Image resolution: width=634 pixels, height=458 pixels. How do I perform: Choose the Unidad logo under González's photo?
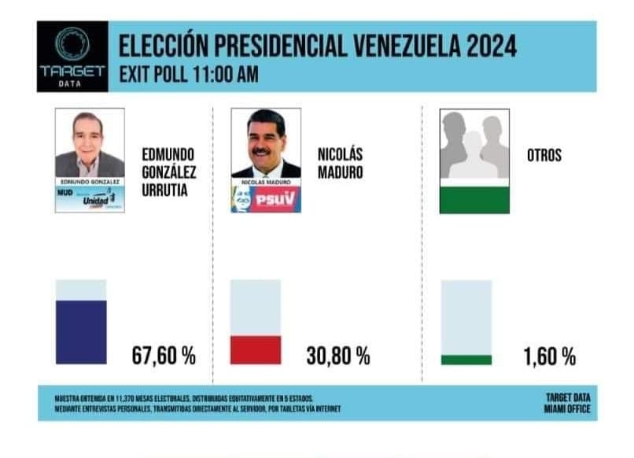click(97, 201)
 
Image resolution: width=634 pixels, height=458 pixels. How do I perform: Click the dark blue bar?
click(81, 331)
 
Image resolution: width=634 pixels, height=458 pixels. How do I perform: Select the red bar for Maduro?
click(256, 349)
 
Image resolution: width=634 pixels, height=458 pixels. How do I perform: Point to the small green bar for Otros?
click(466, 360)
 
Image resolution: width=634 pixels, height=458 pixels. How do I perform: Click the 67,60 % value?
click(164, 356)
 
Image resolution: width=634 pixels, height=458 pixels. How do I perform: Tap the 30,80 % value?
click(337, 356)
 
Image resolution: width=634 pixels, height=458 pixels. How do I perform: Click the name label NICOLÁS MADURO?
click(341, 163)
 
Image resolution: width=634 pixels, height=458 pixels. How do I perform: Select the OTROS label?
click(544, 155)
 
